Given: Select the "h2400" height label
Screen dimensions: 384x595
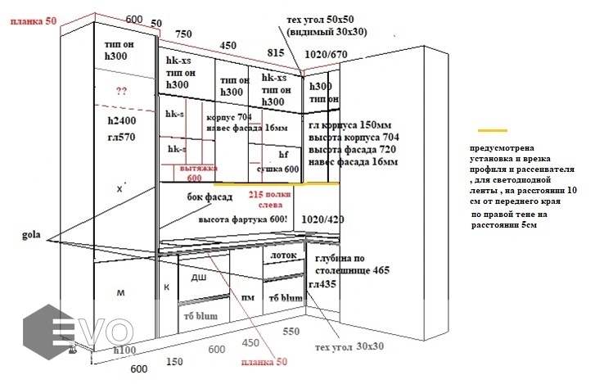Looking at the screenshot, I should click(122, 120).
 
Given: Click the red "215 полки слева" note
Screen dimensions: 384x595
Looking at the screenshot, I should click(271, 201).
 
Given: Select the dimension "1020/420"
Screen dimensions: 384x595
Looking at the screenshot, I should click(322, 219).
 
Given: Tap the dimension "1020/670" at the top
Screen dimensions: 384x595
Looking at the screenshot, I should click(326, 53).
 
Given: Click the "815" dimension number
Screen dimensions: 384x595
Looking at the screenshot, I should click(276, 51).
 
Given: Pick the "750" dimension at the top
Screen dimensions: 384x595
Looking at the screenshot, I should click(184, 34).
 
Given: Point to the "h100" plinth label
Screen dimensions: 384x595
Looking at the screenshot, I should click(124, 350).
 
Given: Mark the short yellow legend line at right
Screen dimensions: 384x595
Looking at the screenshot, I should click(493, 130).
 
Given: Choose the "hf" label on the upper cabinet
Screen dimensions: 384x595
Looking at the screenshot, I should click(284, 153).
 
